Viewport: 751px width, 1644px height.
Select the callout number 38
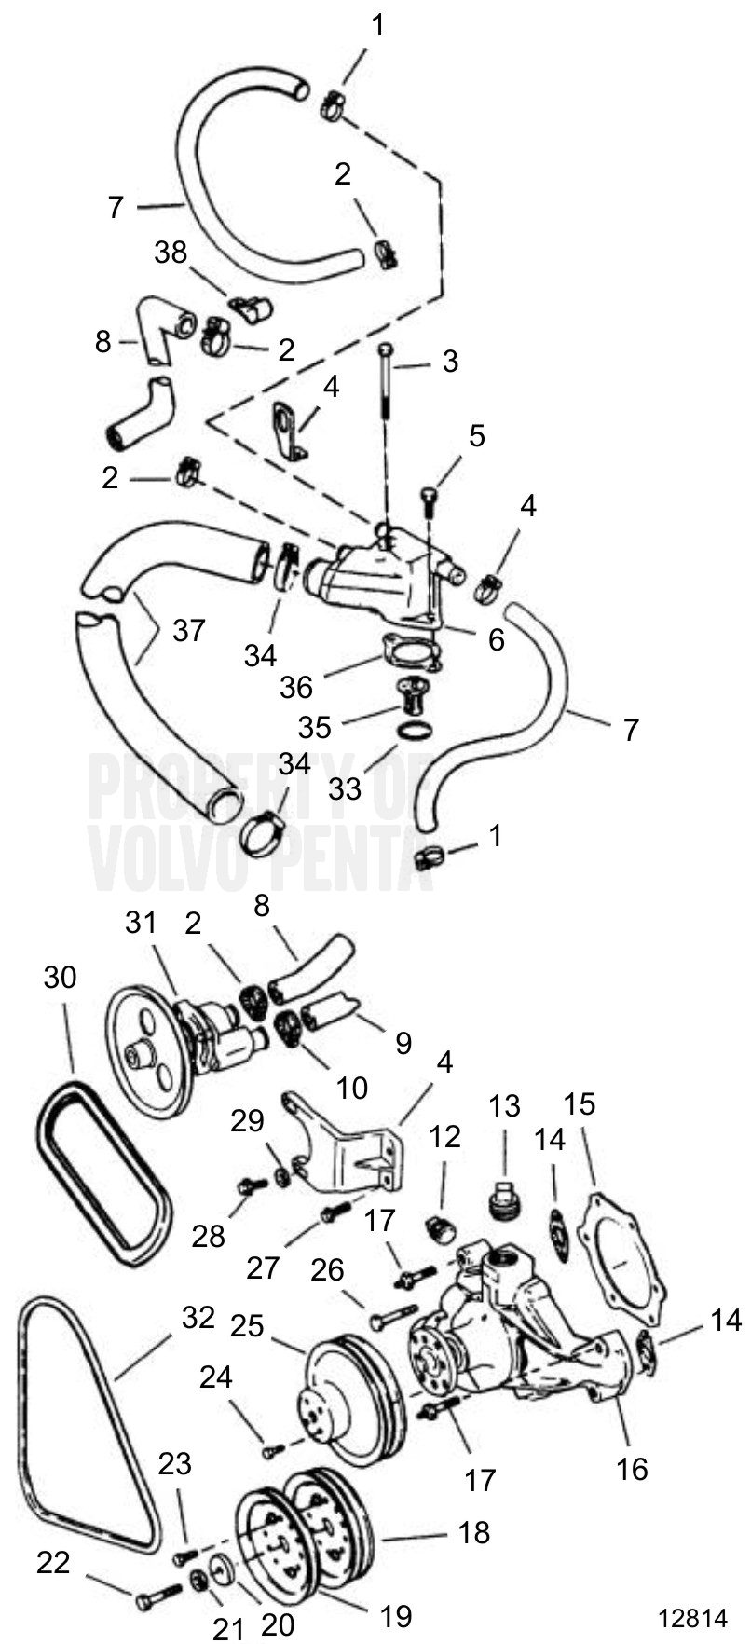coord(171,253)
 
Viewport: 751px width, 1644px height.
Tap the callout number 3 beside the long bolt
coord(450,362)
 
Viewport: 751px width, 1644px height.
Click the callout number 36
coord(296,687)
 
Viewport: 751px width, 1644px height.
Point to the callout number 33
coord(344,788)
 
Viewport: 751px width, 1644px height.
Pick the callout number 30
coord(60,978)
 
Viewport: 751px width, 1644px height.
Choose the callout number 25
coord(247,1325)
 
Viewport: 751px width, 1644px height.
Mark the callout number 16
coord(632,1469)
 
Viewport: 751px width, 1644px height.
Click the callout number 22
coord(53,1562)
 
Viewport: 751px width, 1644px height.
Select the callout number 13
coord(504,1106)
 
